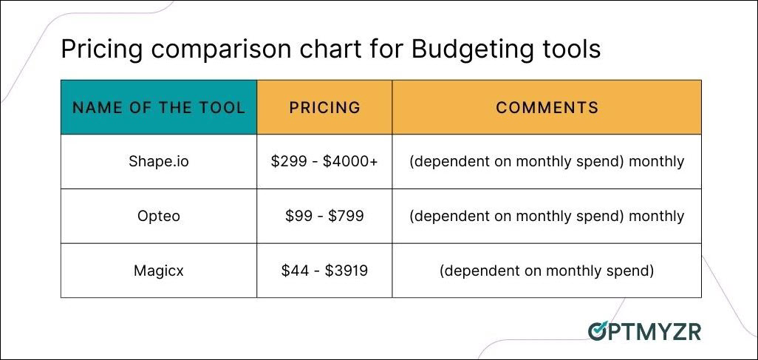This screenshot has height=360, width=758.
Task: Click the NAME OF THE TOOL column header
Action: point(159,107)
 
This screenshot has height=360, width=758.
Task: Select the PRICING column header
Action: point(325,107)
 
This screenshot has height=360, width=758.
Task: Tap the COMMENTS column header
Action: point(547,107)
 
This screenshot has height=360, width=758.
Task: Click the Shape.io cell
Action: point(159,161)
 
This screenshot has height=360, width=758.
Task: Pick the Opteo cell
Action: point(159,216)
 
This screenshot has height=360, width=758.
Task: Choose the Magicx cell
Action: point(159,271)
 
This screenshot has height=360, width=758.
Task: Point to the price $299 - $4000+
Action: point(324,161)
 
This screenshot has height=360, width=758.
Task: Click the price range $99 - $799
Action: point(324,216)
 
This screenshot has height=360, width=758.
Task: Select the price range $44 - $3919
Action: point(324,271)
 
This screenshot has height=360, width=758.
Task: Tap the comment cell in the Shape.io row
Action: point(547,161)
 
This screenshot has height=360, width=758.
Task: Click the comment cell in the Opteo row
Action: point(547,216)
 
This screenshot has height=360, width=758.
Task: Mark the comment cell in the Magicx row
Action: point(547,271)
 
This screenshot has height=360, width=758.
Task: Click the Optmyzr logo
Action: point(644,331)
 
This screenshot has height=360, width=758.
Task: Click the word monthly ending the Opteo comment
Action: point(657,216)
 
